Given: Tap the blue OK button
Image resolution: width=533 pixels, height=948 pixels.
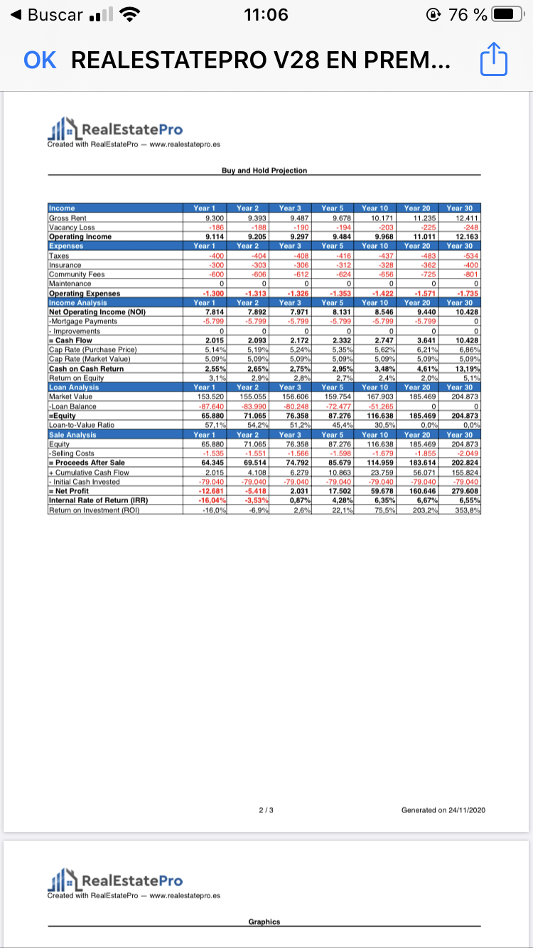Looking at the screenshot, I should [40, 60].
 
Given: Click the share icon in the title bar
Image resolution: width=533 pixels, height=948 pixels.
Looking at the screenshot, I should [493, 60].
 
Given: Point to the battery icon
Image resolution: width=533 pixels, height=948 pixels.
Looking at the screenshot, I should [504, 14].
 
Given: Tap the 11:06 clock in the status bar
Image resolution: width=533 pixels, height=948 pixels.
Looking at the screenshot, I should [265, 14].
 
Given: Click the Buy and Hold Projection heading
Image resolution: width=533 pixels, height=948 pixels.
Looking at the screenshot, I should [264, 171].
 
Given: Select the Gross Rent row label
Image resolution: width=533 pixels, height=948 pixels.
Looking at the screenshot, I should [68, 218].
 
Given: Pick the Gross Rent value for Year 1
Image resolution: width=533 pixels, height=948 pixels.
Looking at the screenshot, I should [205, 218].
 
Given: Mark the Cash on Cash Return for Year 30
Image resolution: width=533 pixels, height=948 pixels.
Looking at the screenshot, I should [461, 369].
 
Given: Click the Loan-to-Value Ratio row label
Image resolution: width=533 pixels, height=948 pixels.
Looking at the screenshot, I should [81, 424].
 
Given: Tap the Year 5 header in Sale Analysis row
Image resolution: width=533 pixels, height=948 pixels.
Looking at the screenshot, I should [332, 433].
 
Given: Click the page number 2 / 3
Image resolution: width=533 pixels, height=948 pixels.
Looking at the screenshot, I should [264, 809].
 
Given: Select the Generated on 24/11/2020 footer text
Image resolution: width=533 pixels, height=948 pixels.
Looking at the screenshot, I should [444, 809].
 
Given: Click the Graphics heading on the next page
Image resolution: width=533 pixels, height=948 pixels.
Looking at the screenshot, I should [264, 922].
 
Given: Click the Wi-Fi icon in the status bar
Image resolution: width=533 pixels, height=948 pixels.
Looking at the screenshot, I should [129, 14].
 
